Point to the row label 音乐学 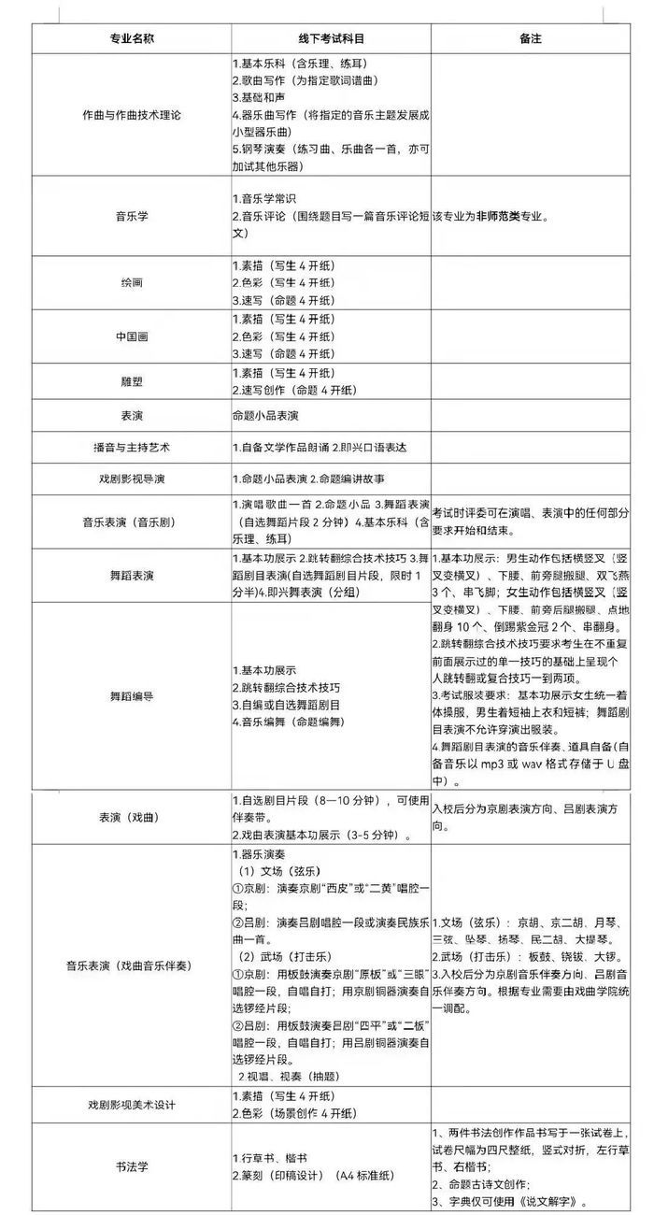pos(131,216)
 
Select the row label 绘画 pos(131,282)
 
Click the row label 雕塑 pos(131,381)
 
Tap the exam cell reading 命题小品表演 pos(272,414)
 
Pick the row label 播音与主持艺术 pos(131,448)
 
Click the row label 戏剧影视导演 pos(131,479)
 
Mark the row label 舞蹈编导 pos(131,696)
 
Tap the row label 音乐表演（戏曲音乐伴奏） pos(131,965)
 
